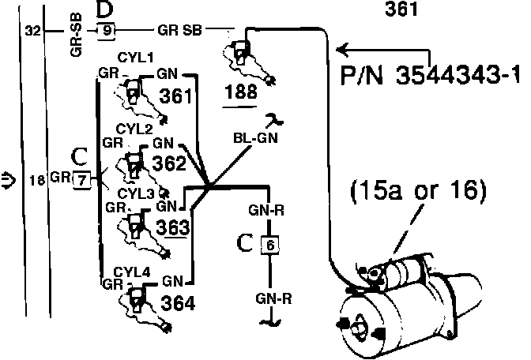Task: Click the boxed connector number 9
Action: (107, 31)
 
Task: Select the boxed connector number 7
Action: (81, 180)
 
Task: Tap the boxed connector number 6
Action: (270, 245)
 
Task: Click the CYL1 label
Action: (135, 58)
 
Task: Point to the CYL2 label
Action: (134, 129)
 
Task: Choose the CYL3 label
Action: (135, 194)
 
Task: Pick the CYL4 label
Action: (132, 272)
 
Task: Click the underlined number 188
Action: (240, 92)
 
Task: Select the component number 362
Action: (169, 163)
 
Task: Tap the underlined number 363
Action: (173, 227)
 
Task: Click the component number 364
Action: (178, 303)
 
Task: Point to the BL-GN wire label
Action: (256, 138)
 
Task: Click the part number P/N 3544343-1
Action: (430, 75)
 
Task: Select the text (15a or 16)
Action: (418, 191)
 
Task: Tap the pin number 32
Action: (33, 31)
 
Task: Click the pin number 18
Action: (37, 180)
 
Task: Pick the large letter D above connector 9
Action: (104, 9)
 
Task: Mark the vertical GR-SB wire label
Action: (77, 35)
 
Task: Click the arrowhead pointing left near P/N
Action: (343, 50)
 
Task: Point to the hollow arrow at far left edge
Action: (8, 180)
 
